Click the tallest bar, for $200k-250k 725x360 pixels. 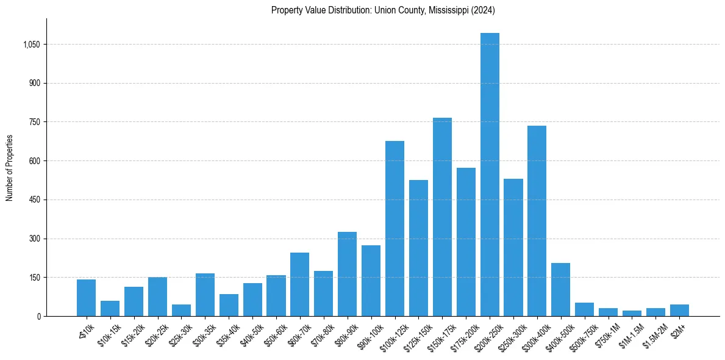[x=490, y=175]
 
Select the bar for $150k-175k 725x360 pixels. [x=442, y=217]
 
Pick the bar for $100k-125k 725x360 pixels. [x=395, y=229]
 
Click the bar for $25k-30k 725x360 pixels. [x=181, y=310]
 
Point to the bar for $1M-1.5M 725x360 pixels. [x=632, y=313]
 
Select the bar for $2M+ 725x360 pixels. [x=679, y=310]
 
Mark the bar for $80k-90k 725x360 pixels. [x=347, y=274]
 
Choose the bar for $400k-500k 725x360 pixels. [x=560, y=289]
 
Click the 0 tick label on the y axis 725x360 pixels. [x=38, y=316]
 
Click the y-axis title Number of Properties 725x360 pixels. [x=10, y=167]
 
